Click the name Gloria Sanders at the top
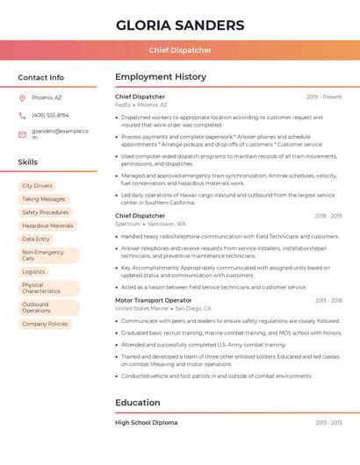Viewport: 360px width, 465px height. (x=180, y=25)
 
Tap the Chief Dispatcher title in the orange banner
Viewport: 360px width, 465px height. (x=180, y=51)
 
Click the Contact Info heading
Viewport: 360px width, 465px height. (x=41, y=77)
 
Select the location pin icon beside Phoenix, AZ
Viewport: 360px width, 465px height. (x=22, y=97)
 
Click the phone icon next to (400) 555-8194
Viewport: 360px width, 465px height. (x=22, y=115)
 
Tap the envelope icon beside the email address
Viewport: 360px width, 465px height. (x=22, y=134)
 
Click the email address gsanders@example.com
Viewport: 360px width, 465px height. (x=60, y=134)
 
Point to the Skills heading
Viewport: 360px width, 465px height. (x=28, y=162)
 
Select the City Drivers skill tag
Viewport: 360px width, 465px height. (x=37, y=186)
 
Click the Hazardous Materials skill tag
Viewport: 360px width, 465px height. (x=47, y=225)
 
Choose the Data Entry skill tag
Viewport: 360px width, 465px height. (x=36, y=239)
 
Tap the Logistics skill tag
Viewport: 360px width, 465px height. (x=33, y=272)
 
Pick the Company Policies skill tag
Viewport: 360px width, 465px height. (x=45, y=324)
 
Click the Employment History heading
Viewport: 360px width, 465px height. (x=161, y=77)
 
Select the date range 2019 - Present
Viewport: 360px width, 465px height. (x=324, y=97)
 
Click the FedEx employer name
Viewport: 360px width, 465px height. (x=123, y=104)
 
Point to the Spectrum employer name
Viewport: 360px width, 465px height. (x=127, y=224)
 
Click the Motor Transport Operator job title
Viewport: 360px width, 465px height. (x=154, y=300)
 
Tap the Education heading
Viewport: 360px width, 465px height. (x=138, y=403)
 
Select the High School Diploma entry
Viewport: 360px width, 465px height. (x=147, y=422)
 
